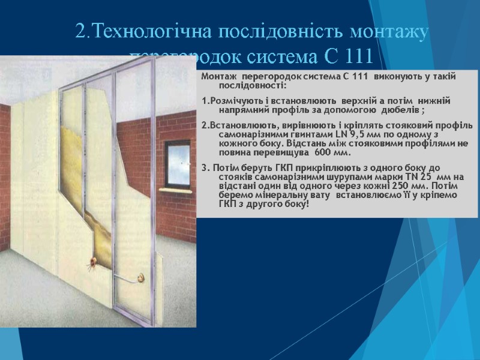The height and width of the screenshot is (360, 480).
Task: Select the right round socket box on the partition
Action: click(x=141, y=278)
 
